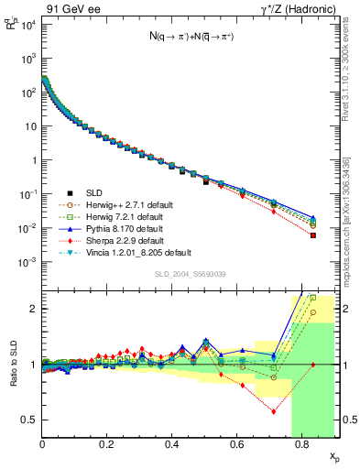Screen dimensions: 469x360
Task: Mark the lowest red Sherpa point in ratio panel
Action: (274, 411)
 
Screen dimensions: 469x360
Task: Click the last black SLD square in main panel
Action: (313, 235)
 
